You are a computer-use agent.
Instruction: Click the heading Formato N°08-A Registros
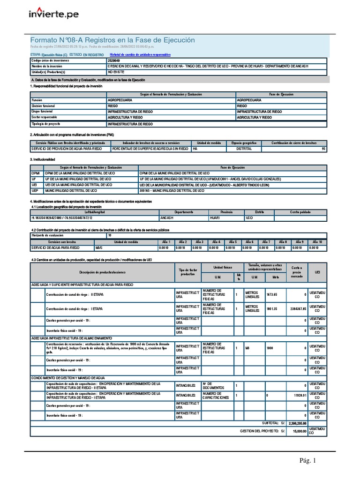point(112,40)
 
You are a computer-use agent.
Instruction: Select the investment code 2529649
point(114,60)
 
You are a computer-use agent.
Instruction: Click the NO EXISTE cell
point(116,72)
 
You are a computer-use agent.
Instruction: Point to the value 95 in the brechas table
point(323,149)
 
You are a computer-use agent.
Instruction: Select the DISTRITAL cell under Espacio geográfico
point(244,149)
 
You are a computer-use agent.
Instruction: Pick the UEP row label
point(36,191)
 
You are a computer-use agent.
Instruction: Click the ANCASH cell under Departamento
point(167,218)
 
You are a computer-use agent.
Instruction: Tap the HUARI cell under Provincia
point(216,218)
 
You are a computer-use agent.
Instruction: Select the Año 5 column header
point(232,241)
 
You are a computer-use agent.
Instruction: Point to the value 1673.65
point(272,294)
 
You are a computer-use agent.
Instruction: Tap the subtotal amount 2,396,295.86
point(298,423)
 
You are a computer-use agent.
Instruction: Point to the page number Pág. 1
point(308,460)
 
